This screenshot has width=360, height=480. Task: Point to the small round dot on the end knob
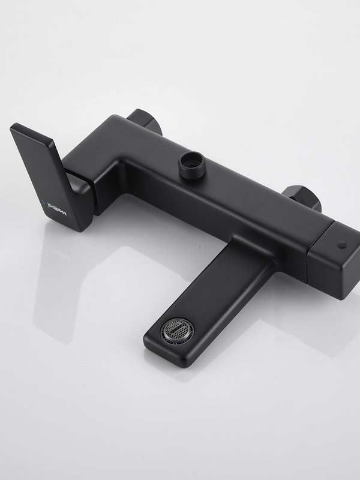click(x=342, y=245)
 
